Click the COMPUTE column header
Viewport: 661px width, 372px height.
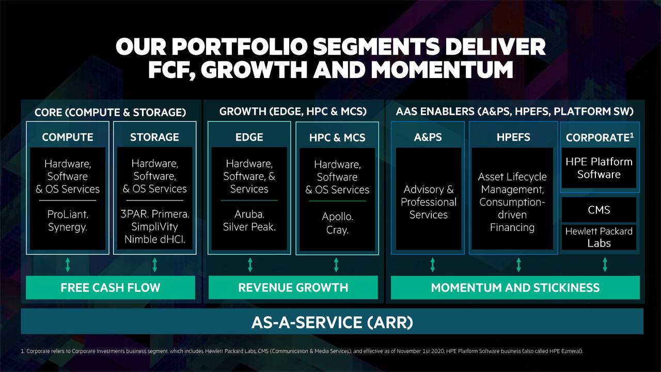coord(68,137)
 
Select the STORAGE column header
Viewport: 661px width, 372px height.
coord(154,137)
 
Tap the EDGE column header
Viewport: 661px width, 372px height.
coord(249,137)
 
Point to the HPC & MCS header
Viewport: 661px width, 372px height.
coord(337,138)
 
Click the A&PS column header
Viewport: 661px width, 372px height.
coord(428,137)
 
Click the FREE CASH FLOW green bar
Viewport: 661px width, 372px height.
coord(111,288)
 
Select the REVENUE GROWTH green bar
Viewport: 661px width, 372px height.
coord(293,288)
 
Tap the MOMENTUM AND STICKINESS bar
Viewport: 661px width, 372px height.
coord(515,288)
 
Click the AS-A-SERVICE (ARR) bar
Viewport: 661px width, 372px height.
coord(332,322)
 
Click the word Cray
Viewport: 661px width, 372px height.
coord(337,230)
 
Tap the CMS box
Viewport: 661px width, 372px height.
coord(599,210)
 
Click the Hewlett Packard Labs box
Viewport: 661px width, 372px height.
coord(599,237)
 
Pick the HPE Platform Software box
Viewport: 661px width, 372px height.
coord(599,168)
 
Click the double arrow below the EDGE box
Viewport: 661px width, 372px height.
coord(250,266)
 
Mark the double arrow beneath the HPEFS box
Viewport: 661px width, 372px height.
coord(518,266)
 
